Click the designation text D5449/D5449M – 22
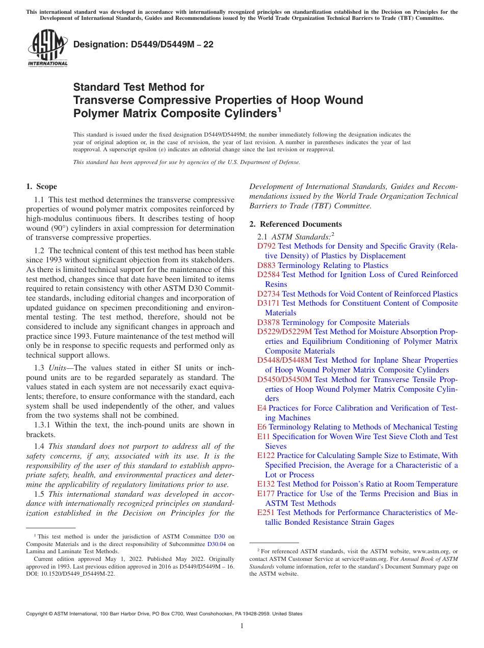(x=144, y=45)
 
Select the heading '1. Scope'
(x=42, y=186)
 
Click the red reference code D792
(x=266, y=246)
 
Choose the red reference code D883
(x=266, y=265)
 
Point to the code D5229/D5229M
(x=284, y=332)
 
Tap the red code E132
(x=266, y=484)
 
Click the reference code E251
(x=266, y=512)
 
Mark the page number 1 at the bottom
(x=242, y=626)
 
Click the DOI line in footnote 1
(x=70, y=573)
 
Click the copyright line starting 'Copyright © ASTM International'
(x=164, y=614)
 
